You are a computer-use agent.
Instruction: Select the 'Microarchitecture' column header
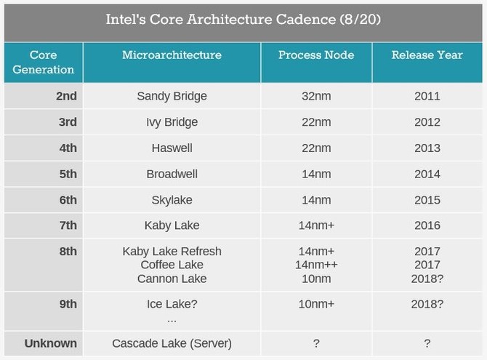[x=172, y=55]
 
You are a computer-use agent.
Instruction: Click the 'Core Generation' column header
[x=43, y=63]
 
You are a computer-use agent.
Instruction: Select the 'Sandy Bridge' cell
[x=172, y=96]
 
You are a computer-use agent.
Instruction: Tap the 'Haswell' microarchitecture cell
[x=172, y=148]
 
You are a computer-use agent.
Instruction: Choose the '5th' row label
[x=67, y=175]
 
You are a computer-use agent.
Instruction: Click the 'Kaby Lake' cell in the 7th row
[x=172, y=226]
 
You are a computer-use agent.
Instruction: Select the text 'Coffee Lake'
[x=172, y=265]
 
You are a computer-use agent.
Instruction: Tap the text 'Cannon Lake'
[x=172, y=279]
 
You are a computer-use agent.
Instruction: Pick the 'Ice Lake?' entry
[x=172, y=305]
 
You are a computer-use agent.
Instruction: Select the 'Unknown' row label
[x=51, y=343]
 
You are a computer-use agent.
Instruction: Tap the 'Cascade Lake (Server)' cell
[x=172, y=343]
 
